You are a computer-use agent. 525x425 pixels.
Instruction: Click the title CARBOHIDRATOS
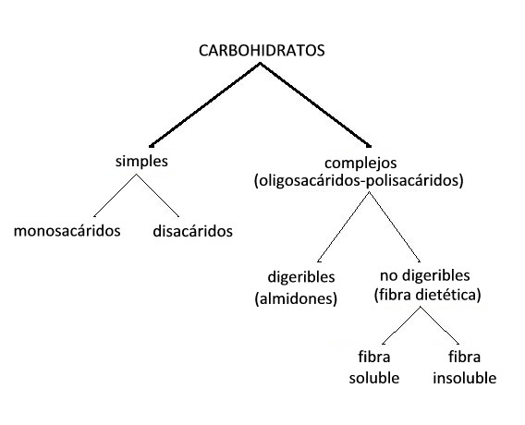coord(262,51)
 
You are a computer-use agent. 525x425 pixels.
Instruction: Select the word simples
coord(141,162)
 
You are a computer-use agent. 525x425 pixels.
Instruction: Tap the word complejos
coord(360,164)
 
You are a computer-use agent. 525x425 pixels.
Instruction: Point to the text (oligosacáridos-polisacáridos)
coord(359,181)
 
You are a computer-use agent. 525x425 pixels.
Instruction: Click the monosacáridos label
coord(67,231)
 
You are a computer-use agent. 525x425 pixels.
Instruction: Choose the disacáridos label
coord(192,231)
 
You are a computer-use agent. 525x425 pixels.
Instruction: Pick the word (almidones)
coord(296,298)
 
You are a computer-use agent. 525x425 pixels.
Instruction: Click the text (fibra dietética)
coord(427,295)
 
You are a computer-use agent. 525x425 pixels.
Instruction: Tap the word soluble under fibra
coord(374,378)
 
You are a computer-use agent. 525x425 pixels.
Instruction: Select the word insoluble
coord(464,378)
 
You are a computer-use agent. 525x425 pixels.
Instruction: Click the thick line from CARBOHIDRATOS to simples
coord(204,104)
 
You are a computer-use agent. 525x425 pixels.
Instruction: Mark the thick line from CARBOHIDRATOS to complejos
coord(315,104)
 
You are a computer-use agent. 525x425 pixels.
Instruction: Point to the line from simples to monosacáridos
coord(115,196)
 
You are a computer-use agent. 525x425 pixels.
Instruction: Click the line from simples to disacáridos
coord(157,196)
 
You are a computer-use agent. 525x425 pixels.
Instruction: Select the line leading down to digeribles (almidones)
coord(343,227)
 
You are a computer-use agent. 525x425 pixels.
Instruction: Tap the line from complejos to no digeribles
coord(395,227)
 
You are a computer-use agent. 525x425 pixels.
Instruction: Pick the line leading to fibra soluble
coord(401,325)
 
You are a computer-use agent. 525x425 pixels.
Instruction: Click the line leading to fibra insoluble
coord(439,325)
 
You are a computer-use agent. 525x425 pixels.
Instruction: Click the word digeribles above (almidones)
coord(301,277)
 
